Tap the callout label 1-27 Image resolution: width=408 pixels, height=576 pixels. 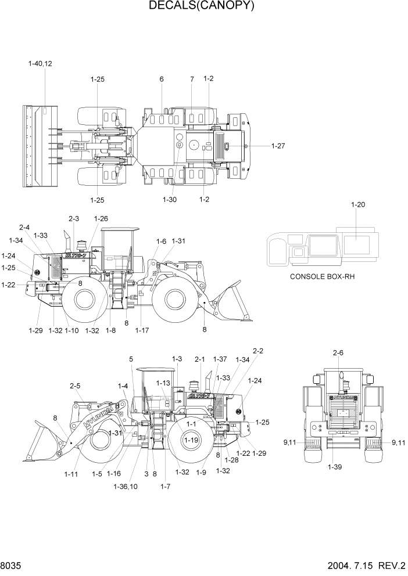(x=278, y=146)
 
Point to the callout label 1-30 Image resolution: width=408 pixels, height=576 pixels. (x=170, y=199)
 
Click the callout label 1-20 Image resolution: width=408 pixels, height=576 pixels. (x=359, y=204)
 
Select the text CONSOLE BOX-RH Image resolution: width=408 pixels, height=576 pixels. (x=322, y=276)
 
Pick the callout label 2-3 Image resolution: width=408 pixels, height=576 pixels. (x=74, y=219)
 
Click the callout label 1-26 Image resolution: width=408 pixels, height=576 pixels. (x=101, y=219)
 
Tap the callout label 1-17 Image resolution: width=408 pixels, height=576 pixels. (x=142, y=330)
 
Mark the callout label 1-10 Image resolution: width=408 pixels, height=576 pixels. (x=71, y=330)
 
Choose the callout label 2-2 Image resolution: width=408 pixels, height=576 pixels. (x=257, y=351)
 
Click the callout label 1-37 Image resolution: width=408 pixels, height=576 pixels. (x=220, y=359)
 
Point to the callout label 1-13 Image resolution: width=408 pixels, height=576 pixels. (x=163, y=383)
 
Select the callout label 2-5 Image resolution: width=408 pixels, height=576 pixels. (x=76, y=386)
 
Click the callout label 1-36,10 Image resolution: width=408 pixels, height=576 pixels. (x=127, y=486)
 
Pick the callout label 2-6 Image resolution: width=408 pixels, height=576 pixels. (x=338, y=352)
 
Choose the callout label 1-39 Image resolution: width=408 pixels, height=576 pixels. (x=334, y=467)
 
